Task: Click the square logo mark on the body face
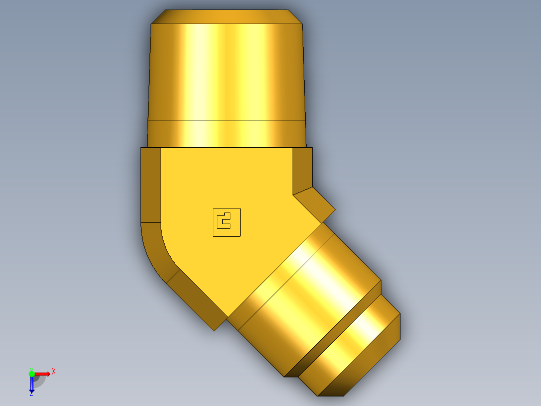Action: click(x=227, y=223)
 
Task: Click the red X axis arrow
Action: click(x=43, y=373)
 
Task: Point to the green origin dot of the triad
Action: click(x=32, y=373)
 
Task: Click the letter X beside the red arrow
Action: click(x=54, y=371)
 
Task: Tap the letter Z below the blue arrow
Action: click(x=31, y=394)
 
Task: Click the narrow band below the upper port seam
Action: click(x=227, y=134)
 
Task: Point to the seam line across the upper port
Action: click(x=227, y=121)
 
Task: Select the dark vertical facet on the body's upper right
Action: click(x=302, y=168)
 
